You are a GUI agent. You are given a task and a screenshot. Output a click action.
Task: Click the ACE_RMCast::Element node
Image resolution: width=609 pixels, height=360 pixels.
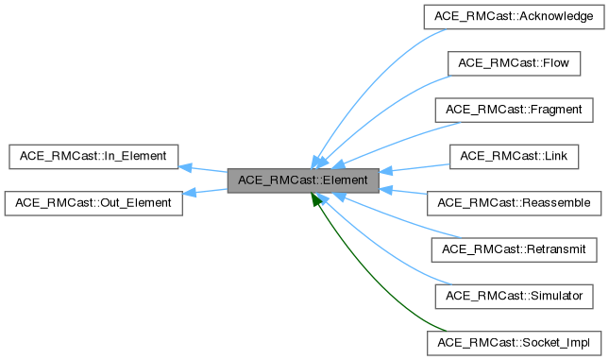pyautogui.click(x=303, y=179)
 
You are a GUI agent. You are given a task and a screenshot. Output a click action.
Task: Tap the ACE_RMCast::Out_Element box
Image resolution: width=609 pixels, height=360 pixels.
pyautogui.click(x=93, y=202)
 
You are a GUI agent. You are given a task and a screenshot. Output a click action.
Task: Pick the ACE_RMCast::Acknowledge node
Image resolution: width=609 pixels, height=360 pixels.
pyautogui.click(x=514, y=17)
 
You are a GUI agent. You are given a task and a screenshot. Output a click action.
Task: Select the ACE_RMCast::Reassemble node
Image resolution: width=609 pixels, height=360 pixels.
pyautogui.click(x=515, y=202)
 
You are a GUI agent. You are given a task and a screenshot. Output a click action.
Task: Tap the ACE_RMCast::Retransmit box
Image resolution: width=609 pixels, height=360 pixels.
pyautogui.click(x=515, y=249)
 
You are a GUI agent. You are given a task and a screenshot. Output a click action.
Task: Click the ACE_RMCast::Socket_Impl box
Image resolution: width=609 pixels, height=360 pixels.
pyautogui.click(x=515, y=341)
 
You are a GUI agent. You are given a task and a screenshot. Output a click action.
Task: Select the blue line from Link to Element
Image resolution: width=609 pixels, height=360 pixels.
pyautogui.click(x=415, y=166)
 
